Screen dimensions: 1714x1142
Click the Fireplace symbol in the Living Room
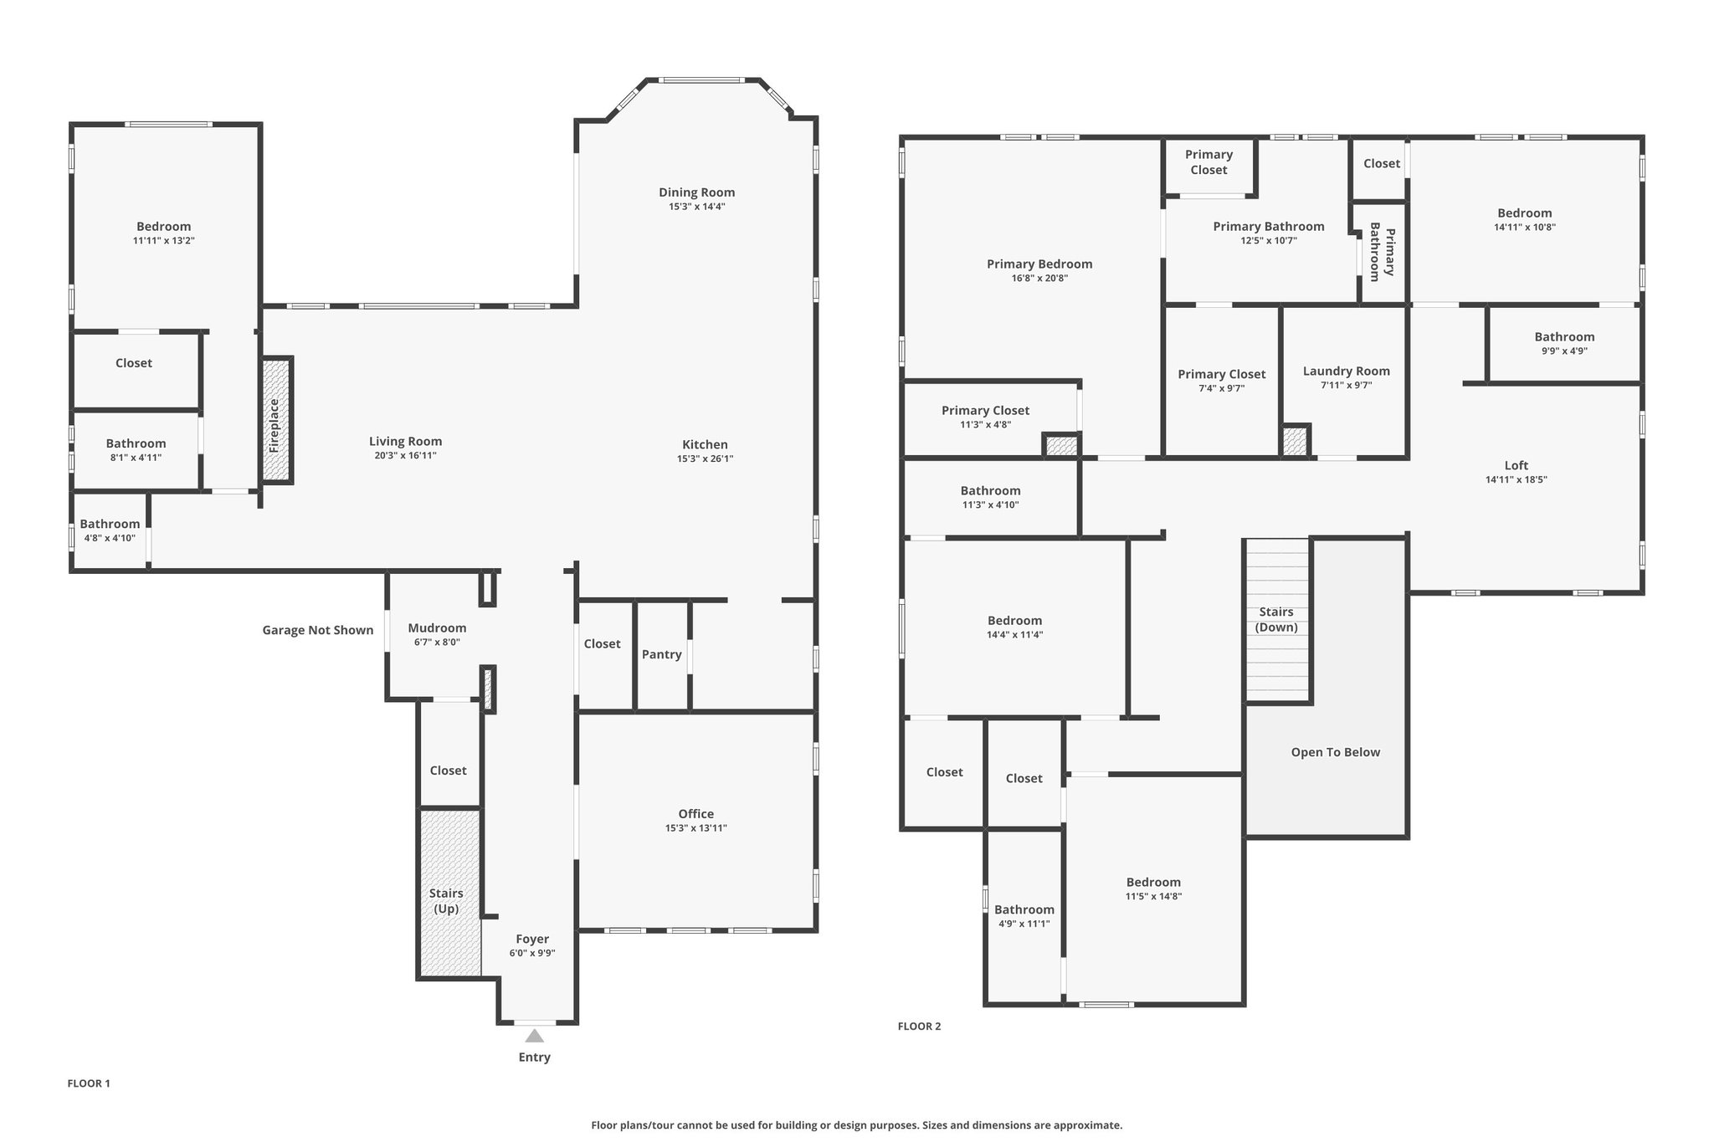pyautogui.click(x=276, y=420)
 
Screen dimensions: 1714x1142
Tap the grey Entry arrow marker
pyautogui.click(x=534, y=1036)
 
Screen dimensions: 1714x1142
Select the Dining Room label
pyautogui.click(x=696, y=192)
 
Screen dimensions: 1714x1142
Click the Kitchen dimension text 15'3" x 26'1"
pyautogui.click(x=705, y=458)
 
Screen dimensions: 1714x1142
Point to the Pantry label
pyautogui.click(x=661, y=654)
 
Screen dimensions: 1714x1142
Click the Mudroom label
pyautogui.click(x=437, y=628)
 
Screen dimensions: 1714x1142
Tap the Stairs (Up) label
pyautogui.click(x=446, y=901)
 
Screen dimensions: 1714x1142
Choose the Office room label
pyautogui.click(x=696, y=814)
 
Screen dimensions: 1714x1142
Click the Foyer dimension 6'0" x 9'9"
pyautogui.click(x=532, y=953)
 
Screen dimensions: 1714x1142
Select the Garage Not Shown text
pyautogui.click(x=318, y=630)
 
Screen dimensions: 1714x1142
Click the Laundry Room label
pyautogui.click(x=1347, y=371)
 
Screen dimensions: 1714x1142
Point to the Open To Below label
pyautogui.click(x=1336, y=752)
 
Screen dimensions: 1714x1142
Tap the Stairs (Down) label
pyautogui.click(x=1277, y=620)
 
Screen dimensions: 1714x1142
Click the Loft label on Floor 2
pyautogui.click(x=1516, y=466)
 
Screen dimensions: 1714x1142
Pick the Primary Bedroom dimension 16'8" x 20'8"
pyautogui.click(x=1039, y=279)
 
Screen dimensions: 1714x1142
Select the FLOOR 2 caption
pyautogui.click(x=919, y=1027)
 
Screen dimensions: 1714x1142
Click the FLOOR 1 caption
pyautogui.click(x=89, y=1083)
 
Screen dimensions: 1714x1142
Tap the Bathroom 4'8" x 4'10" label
pyautogui.click(x=110, y=530)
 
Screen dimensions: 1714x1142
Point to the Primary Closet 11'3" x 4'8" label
pyautogui.click(x=985, y=417)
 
